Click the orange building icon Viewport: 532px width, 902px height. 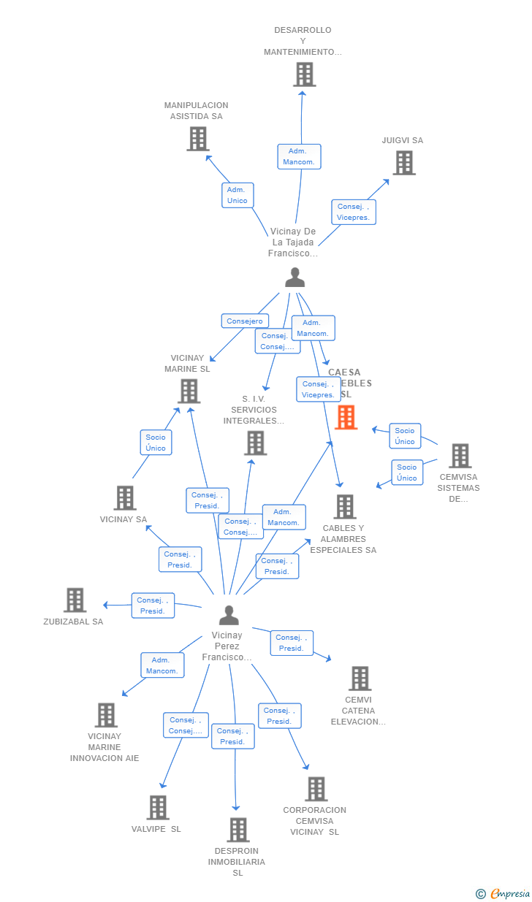(346, 418)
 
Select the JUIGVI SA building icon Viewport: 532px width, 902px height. (404, 163)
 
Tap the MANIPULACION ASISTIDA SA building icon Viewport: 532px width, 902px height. (197, 139)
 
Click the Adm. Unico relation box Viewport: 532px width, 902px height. (237, 195)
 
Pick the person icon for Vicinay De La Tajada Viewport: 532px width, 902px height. (294, 278)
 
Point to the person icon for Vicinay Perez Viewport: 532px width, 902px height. (229, 616)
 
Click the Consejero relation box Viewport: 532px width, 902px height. (245, 321)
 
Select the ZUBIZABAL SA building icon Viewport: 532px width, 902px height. (75, 600)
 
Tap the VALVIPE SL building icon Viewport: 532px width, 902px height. (158, 808)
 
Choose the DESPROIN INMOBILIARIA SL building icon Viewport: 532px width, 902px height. (237, 830)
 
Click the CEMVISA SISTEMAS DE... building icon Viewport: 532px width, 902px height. (460, 456)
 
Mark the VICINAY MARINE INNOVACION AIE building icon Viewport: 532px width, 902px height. (106, 715)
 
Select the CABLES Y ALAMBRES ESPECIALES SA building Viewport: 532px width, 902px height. (344, 507)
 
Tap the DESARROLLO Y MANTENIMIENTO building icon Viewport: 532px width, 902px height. (304, 74)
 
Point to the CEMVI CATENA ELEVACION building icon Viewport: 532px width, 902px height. (359, 679)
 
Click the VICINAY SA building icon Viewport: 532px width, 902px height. (125, 498)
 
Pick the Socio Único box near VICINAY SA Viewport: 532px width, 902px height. (156, 443)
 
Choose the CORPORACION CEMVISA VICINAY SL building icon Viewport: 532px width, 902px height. (316, 789)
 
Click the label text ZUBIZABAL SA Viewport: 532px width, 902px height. (73, 622)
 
